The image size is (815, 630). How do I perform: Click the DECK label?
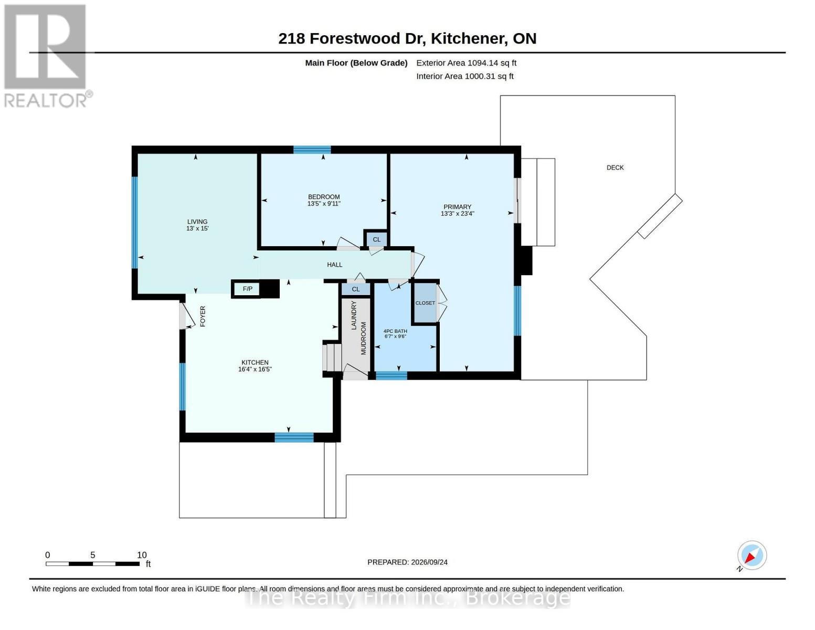[615, 167]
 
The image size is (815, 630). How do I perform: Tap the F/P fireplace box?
[247, 289]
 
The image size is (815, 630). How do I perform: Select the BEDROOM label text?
[324, 197]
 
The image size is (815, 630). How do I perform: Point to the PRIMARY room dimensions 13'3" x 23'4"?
[457, 214]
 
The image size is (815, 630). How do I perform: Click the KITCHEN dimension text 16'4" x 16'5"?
[255, 369]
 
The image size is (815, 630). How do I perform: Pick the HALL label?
[334, 265]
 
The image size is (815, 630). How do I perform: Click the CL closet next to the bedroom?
[376, 239]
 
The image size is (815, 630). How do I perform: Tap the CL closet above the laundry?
[356, 289]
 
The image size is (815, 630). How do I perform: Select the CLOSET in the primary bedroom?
[425, 303]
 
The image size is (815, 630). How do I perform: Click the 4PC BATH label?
[395, 331]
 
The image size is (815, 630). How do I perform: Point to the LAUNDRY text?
[354, 315]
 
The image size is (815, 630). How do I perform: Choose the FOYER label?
[203, 317]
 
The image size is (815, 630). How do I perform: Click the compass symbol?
[752, 555]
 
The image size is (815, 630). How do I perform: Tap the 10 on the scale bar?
[142, 555]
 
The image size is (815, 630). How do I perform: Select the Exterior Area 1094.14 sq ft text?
[466, 63]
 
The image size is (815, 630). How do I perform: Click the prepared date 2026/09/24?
[429, 562]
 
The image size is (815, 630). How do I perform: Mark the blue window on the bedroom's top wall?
[312, 150]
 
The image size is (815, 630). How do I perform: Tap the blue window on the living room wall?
[135, 223]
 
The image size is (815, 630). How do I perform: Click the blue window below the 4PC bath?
[391, 375]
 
